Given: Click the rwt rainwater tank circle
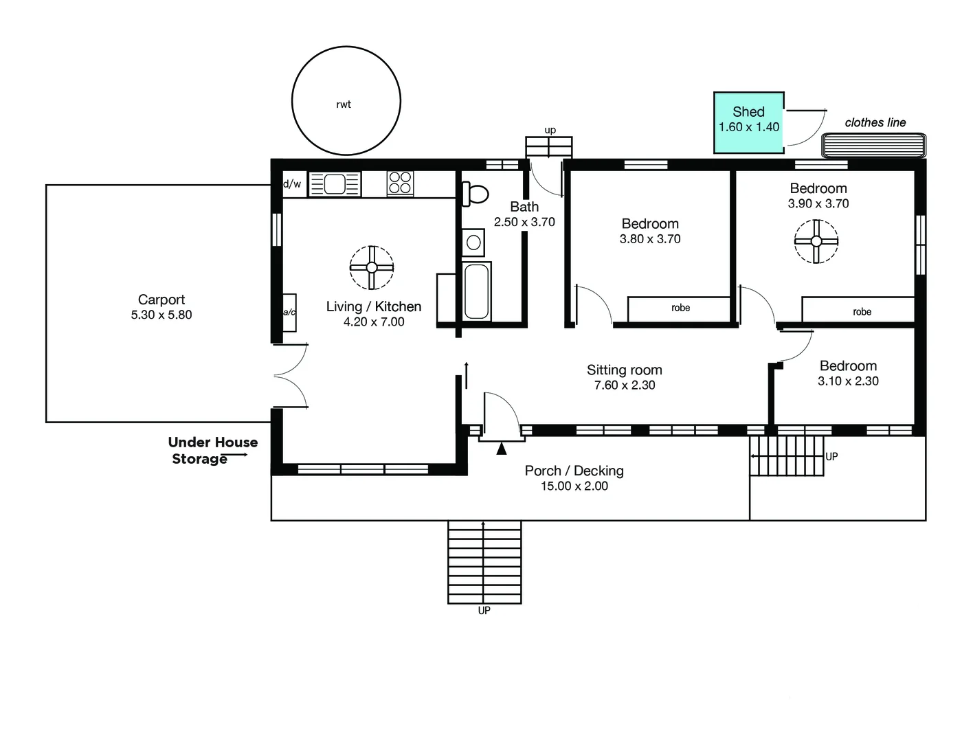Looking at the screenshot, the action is tap(292, 101).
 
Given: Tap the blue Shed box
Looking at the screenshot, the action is tap(748, 123).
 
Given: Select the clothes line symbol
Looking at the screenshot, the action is tap(873, 146).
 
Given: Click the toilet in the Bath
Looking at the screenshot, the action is tap(475, 194).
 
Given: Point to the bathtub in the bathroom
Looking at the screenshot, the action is tap(476, 291).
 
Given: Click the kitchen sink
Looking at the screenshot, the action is tap(335, 184).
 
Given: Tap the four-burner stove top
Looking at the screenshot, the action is tap(400, 183).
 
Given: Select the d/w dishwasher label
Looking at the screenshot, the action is tap(292, 183).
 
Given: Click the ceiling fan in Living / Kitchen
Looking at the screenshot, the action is tap(372, 267).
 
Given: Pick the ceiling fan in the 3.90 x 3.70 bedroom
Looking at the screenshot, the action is tap(816, 241).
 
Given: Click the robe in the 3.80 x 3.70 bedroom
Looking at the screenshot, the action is tap(680, 308).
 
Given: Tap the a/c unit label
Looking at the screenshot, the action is tap(289, 312).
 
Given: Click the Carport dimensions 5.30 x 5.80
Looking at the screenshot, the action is tap(161, 315).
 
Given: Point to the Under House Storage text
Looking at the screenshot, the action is tap(213, 450).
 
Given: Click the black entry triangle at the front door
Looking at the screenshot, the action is tap(502, 449).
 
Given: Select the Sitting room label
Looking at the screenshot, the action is tap(624, 370).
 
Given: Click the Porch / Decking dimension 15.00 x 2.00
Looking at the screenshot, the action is tap(574, 486).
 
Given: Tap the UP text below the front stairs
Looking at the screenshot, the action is tap(484, 610).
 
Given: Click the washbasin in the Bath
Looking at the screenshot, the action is tap(473, 242).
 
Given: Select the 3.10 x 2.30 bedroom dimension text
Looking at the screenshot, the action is tap(848, 381).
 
